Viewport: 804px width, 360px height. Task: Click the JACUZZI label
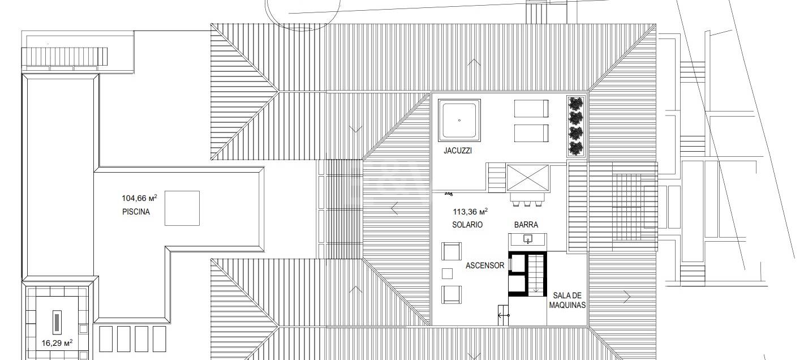[x=458, y=151]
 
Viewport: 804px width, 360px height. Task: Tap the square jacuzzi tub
[x=459, y=120]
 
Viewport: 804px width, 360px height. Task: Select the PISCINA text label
[x=136, y=212]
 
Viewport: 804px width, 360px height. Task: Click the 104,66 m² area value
[x=139, y=198]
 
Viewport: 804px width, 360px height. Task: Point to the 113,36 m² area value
[x=470, y=211]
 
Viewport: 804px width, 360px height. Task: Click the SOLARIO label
[x=467, y=225]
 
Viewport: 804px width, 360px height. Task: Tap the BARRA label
[x=526, y=225]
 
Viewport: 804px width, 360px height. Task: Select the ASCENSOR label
[x=485, y=265]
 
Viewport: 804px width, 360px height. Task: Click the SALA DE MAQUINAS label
[x=567, y=300]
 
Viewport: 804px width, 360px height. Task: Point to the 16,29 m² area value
[x=57, y=343]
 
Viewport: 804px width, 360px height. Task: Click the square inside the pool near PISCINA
[x=182, y=208]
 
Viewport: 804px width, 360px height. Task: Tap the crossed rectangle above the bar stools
[x=528, y=178]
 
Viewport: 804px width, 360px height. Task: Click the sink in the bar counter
[x=527, y=239]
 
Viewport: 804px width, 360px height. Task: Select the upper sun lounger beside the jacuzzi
[x=531, y=108]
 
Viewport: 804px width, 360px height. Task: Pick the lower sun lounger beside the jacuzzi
[x=531, y=133]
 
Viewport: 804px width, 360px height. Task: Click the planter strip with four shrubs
[x=576, y=126]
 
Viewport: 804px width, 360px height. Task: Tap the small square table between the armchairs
[x=447, y=274]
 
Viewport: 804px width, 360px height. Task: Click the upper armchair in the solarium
[x=451, y=251]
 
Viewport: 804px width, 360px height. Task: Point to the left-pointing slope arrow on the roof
[x=395, y=208]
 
